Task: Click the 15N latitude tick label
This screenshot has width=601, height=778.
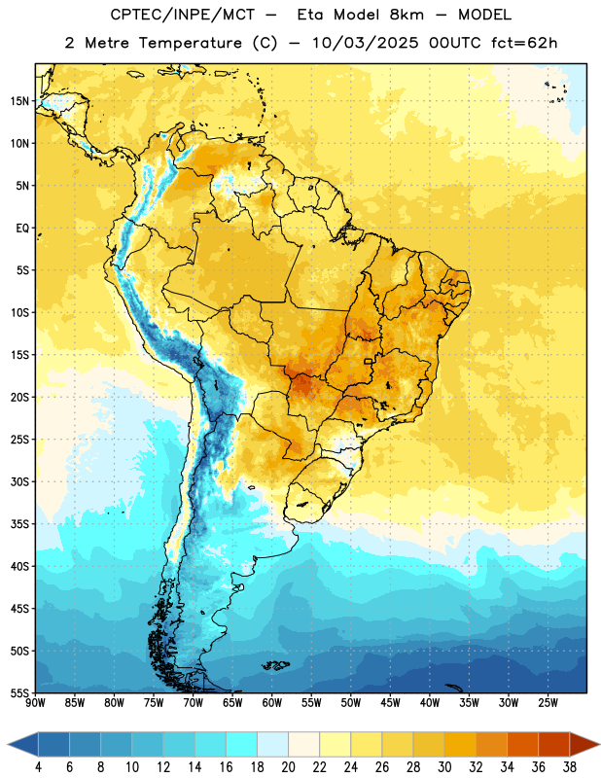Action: (x=19, y=101)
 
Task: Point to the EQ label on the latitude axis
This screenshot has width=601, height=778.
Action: (x=22, y=229)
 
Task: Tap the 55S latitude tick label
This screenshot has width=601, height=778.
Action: (x=19, y=693)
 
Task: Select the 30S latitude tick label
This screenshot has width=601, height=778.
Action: (x=19, y=481)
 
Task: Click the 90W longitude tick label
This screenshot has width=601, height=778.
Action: (x=35, y=702)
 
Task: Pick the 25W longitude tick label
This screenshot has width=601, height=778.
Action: (x=548, y=702)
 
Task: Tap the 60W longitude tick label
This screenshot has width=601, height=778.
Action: (x=272, y=702)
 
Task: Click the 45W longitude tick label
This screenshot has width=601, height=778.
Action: (x=391, y=702)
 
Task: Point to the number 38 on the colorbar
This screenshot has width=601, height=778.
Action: (x=570, y=767)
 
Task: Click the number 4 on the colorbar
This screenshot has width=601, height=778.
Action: (x=38, y=767)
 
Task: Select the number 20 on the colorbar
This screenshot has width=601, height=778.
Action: (x=288, y=767)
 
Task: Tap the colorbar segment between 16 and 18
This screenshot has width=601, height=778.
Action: (x=242, y=744)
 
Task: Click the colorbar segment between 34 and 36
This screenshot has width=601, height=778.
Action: (x=522, y=744)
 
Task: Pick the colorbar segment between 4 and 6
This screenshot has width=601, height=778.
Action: (x=54, y=744)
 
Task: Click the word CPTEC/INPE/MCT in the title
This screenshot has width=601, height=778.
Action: (x=183, y=15)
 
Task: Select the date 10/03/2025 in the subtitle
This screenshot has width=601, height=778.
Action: (x=365, y=43)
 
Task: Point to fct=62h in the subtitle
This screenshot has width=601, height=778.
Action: (x=524, y=43)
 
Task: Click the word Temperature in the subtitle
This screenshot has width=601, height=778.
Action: (x=190, y=43)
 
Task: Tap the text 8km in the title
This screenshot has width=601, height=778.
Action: (x=407, y=15)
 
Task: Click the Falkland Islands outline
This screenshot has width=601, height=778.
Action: (x=275, y=665)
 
